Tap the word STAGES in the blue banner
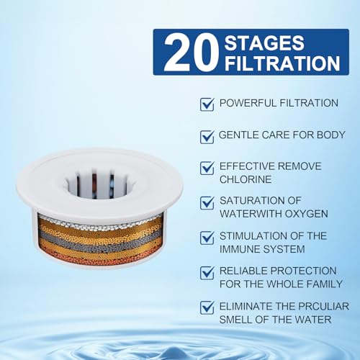click(x=264, y=42)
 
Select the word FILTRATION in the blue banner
click(x=282, y=63)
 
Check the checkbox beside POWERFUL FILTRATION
click(x=207, y=104)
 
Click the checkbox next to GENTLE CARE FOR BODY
click(x=207, y=137)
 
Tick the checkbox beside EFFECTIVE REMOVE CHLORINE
click(x=207, y=168)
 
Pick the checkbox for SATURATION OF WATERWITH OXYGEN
click(x=207, y=203)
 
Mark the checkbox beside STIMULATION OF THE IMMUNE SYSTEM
click(x=207, y=238)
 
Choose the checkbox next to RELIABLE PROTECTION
click(x=207, y=273)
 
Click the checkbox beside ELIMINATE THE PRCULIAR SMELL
click(x=207, y=307)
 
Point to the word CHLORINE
click(x=246, y=179)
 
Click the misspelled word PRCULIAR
click(x=324, y=307)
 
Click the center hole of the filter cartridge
click(x=99, y=185)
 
